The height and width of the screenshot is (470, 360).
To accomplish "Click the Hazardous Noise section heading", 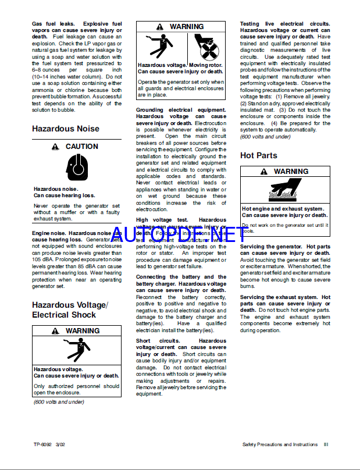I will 65,129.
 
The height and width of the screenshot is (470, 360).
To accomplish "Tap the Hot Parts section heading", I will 259,155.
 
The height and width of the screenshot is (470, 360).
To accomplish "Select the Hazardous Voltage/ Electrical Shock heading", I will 70,309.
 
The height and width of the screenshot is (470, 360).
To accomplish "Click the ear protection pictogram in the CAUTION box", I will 77,166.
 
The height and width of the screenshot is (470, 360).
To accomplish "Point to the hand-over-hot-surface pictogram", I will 285,191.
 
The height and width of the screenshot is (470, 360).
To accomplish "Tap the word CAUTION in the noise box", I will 81,147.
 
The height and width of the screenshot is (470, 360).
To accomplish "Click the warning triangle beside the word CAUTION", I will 55,147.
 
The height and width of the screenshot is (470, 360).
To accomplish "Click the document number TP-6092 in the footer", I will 43,444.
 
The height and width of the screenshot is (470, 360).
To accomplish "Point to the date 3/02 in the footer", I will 60,444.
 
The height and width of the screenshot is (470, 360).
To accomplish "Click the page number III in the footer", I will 326,444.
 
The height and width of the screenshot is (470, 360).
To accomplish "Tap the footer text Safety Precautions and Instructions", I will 280,444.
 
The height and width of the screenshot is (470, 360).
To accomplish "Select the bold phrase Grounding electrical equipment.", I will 181,110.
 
